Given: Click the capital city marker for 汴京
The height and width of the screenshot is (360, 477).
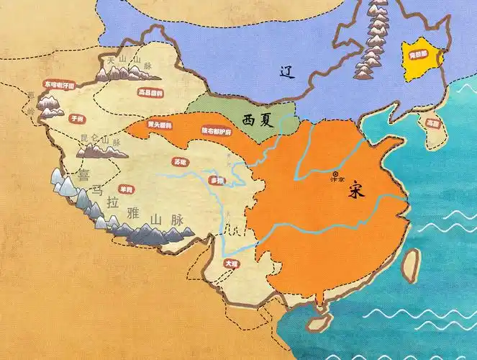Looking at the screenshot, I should [335, 172].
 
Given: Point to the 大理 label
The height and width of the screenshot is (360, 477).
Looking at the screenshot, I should [231, 264].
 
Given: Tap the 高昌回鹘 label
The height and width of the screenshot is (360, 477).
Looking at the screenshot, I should [150, 93].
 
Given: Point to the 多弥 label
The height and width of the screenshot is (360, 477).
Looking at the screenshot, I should [216, 180].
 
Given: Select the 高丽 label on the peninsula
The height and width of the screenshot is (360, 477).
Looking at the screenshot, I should [432, 123].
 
